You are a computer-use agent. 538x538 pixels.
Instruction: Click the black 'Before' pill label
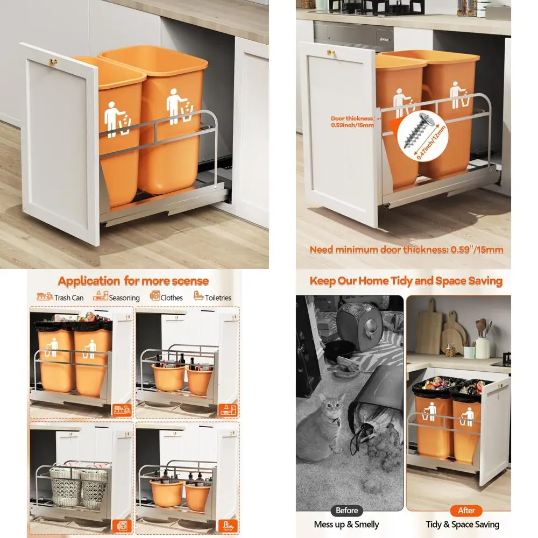click(346, 510)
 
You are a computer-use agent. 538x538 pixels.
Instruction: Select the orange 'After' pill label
click(466, 510)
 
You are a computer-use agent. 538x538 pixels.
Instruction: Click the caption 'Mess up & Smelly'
click(346, 525)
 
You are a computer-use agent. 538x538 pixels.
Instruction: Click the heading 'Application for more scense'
click(133, 281)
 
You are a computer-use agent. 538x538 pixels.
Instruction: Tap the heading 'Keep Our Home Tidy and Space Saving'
click(406, 281)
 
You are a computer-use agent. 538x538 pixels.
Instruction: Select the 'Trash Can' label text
click(69, 297)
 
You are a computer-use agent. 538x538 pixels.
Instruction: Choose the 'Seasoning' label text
click(124, 297)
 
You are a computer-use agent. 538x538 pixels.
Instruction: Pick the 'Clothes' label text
click(172, 297)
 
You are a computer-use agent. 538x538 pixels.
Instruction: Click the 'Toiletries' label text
click(218, 297)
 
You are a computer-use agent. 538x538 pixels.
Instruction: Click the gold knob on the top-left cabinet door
click(54, 62)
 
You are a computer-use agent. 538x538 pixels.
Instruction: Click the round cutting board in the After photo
click(452, 337)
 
